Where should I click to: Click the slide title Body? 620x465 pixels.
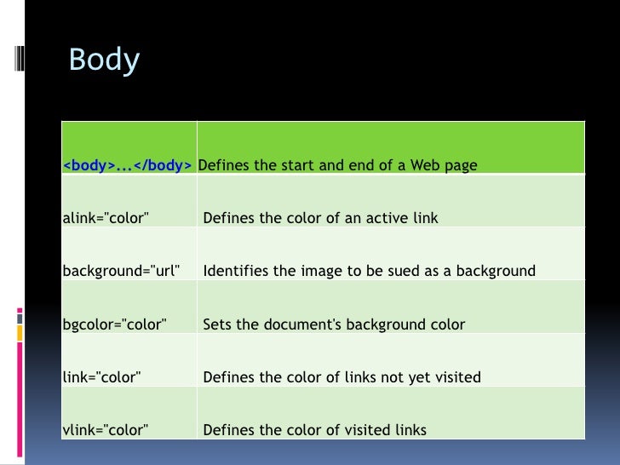pyautogui.click(x=104, y=60)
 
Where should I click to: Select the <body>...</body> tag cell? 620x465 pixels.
pyautogui.click(x=127, y=165)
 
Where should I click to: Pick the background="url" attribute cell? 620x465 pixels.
pyautogui.click(x=121, y=272)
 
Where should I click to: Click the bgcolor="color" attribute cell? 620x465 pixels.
pyautogui.click(x=115, y=324)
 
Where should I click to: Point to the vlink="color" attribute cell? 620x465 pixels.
pyautogui.click(x=106, y=430)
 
